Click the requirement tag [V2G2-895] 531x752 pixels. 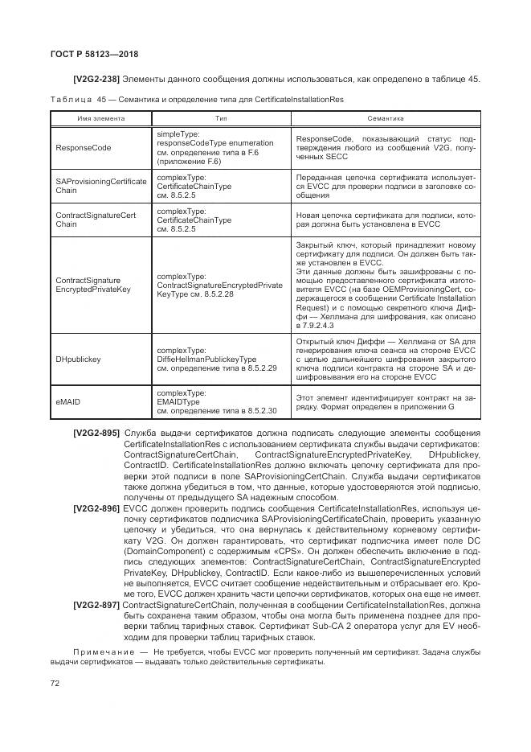(96, 434)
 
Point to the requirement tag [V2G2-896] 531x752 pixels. (96, 508)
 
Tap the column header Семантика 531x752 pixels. (385, 117)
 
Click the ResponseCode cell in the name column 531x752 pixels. (83, 148)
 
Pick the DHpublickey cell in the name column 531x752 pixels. (79, 360)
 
